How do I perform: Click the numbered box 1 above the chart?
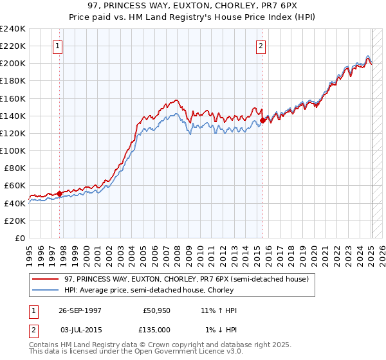tap(59, 46)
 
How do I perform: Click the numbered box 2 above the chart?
tap(261, 46)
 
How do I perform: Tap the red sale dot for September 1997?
tap(59, 193)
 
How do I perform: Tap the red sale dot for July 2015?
tap(262, 120)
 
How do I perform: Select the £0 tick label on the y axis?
tap(20, 238)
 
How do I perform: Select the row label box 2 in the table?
tap(33, 329)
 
